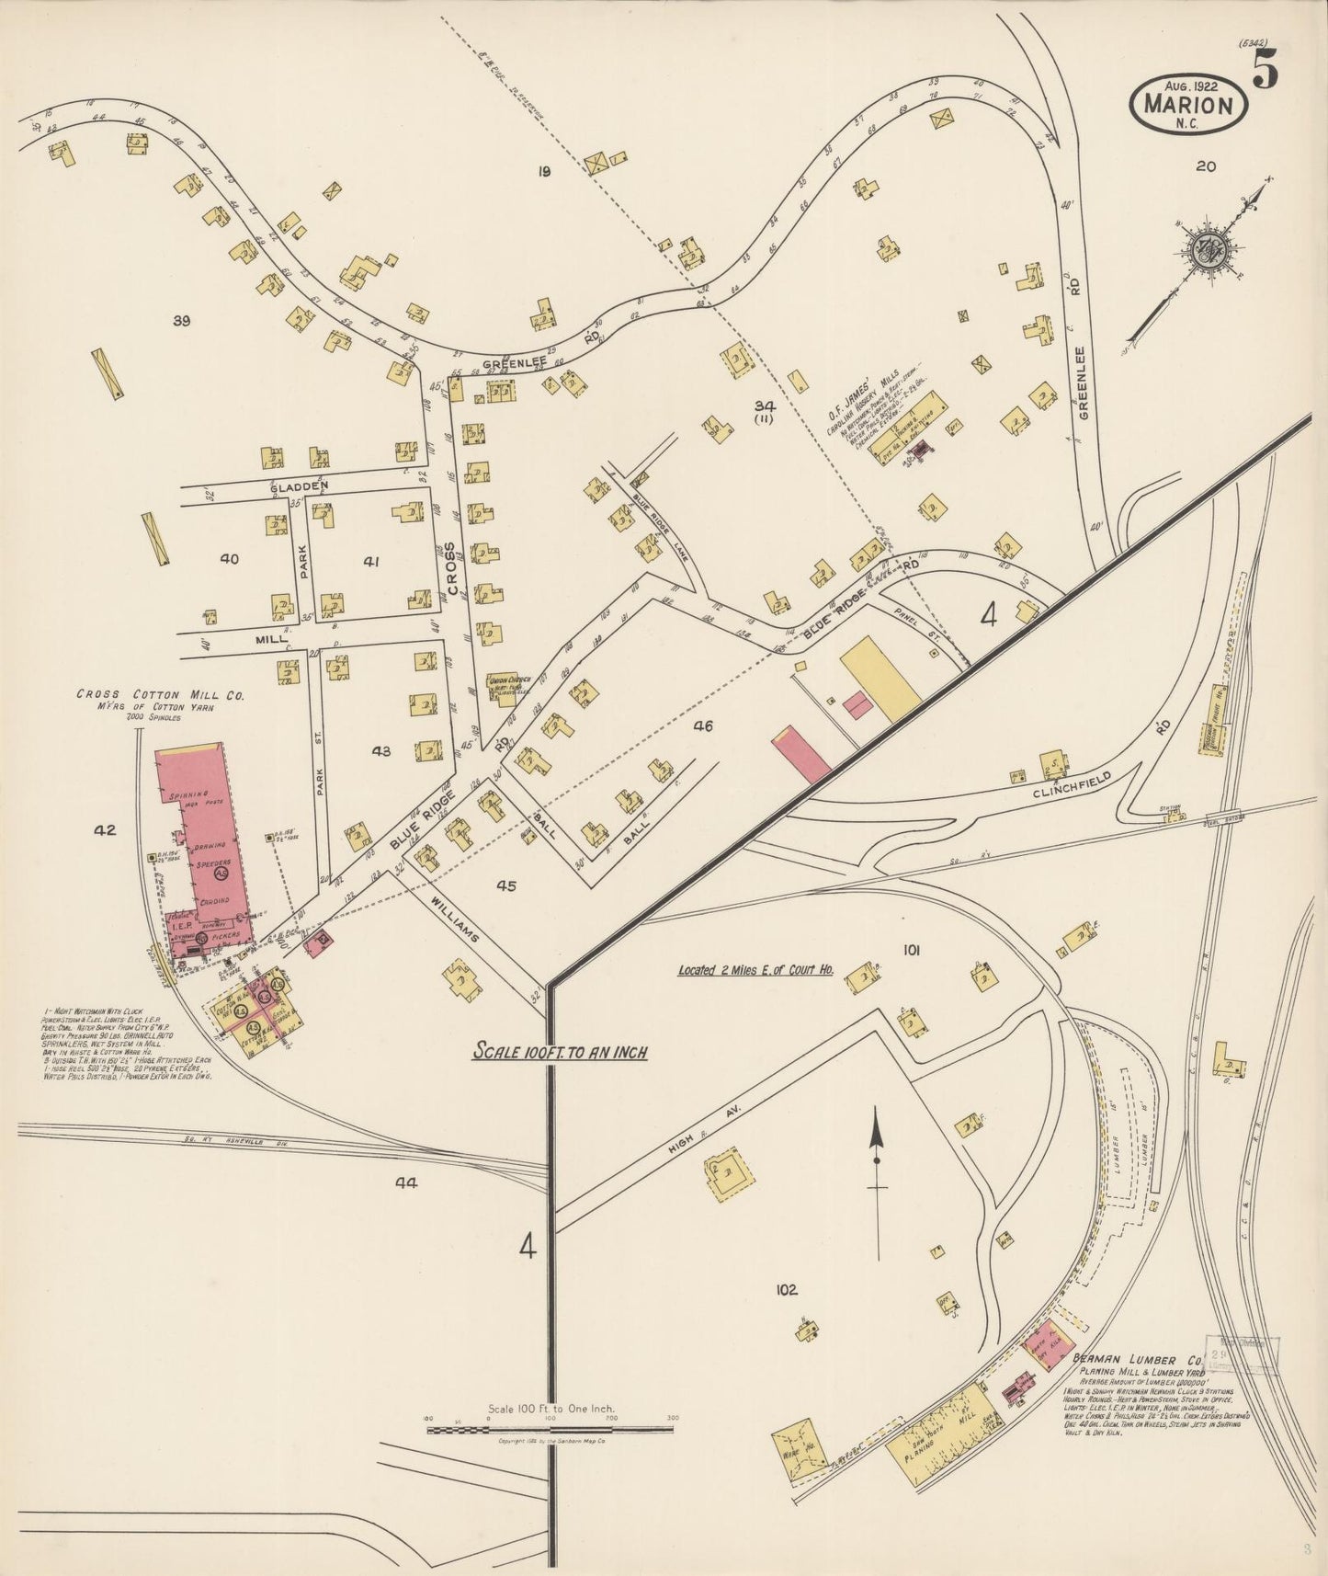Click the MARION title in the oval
(1187, 104)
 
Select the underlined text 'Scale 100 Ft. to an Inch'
(561, 1050)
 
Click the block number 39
(181, 320)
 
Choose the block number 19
(544, 169)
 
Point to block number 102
(786, 1289)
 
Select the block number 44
(405, 1183)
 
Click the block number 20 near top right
(1206, 166)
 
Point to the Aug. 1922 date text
(1189, 85)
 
